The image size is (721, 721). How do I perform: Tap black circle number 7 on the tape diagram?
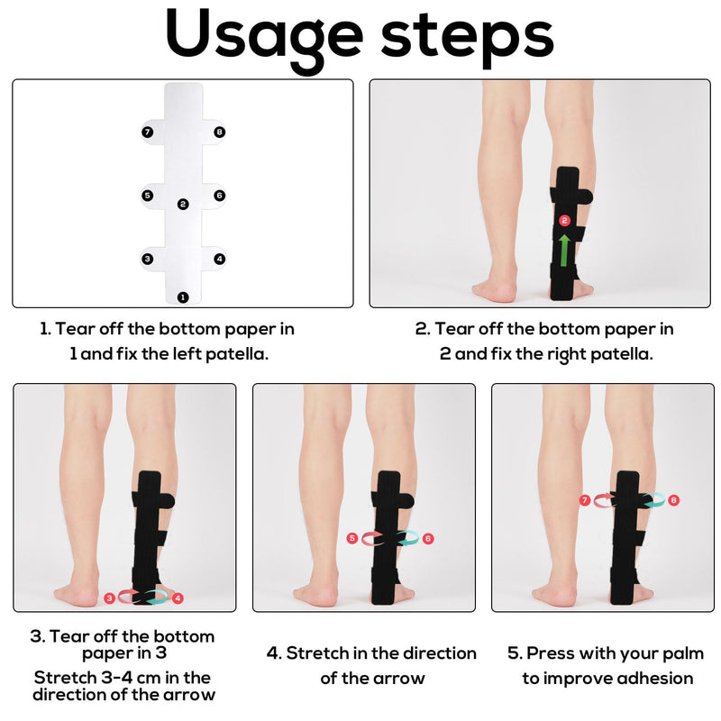pyautogui.click(x=148, y=132)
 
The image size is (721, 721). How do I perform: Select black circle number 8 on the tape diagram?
pyautogui.click(x=220, y=132)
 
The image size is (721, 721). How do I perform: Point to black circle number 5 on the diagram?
pyautogui.click(x=148, y=195)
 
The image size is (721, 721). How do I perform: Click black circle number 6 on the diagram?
pyautogui.click(x=219, y=195)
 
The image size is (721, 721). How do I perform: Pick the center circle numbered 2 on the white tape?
pyautogui.click(x=183, y=205)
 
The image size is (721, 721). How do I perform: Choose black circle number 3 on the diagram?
pyautogui.click(x=148, y=259)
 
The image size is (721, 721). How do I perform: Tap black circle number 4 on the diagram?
pyautogui.click(x=220, y=259)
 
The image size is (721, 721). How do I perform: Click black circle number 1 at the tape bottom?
pyautogui.click(x=183, y=297)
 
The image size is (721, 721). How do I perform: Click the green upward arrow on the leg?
pyautogui.click(x=564, y=250)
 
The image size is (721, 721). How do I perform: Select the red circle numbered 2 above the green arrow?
pyautogui.click(x=564, y=220)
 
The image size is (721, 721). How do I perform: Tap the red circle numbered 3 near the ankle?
pyautogui.click(x=109, y=597)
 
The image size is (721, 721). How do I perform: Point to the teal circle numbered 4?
pyautogui.click(x=178, y=597)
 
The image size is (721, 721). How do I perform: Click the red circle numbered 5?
pyautogui.click(x=352, y=538)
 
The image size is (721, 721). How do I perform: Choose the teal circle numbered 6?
pyautogui.click(x=427, y=538)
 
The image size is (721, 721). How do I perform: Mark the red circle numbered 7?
pyautogui.click(x=585, y=499)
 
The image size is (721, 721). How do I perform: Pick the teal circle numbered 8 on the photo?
pyautogui.click(x=673, y=499)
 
